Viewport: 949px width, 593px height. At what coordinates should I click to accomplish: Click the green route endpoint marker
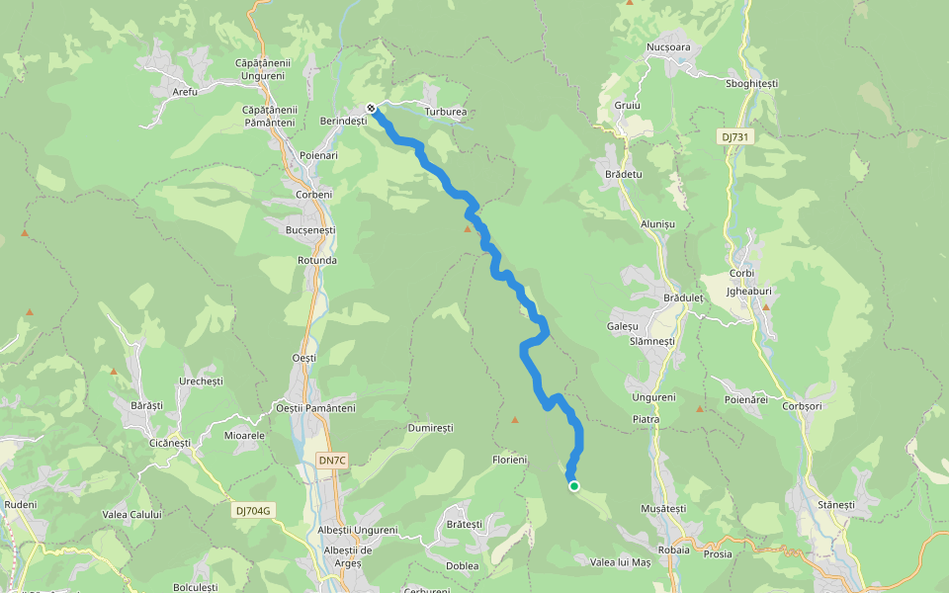(x=573, y=485)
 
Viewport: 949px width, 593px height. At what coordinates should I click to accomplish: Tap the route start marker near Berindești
(x=371, y=108)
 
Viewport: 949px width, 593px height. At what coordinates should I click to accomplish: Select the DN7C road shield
(x=333, y=461)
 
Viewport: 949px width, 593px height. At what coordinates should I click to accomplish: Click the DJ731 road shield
(x=736, y=137)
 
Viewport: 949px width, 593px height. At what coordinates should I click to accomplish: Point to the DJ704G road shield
(x=253, y=511)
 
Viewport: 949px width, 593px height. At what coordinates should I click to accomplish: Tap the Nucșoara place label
(x=667, y=47)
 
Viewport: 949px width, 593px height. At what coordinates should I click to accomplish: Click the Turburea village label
(x=445, y=113)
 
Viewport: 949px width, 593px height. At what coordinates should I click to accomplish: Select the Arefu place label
(x=185, y=92)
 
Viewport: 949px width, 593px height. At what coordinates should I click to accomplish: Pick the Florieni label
(x=510, y=461)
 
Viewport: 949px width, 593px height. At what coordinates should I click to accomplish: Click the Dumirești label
(x=430, y=429)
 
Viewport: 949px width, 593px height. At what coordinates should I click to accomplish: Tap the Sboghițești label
(x=752, y=83)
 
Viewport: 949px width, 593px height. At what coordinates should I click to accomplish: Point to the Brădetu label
(x=623, y=174)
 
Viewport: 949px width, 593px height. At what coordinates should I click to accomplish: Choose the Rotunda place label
(x=317, y=261)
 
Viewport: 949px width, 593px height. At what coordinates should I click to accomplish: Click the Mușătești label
(x=663, y=508)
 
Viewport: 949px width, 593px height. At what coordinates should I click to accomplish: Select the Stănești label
(x=835, y=505)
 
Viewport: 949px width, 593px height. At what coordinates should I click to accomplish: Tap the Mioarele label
(x=245, y=435)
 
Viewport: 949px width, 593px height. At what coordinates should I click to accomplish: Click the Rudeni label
(x=20, y=505)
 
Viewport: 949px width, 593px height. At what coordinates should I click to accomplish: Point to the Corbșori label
(x=802, y=406)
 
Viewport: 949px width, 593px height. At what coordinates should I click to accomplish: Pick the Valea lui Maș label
(x=620, y=562)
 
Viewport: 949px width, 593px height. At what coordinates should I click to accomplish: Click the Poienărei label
(x=746, y=399)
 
